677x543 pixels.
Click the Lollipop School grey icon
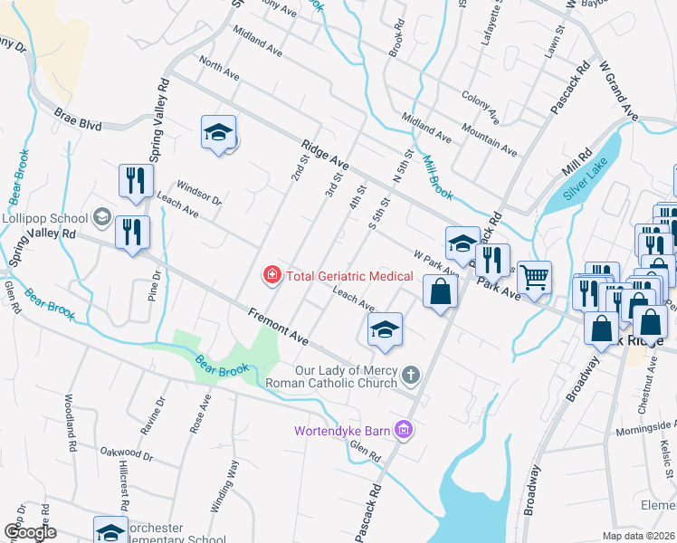click(102, 217)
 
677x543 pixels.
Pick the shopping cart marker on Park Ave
click(535, 277)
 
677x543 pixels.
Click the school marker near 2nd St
click(218, 133)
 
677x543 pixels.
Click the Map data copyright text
click(639, 537)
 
